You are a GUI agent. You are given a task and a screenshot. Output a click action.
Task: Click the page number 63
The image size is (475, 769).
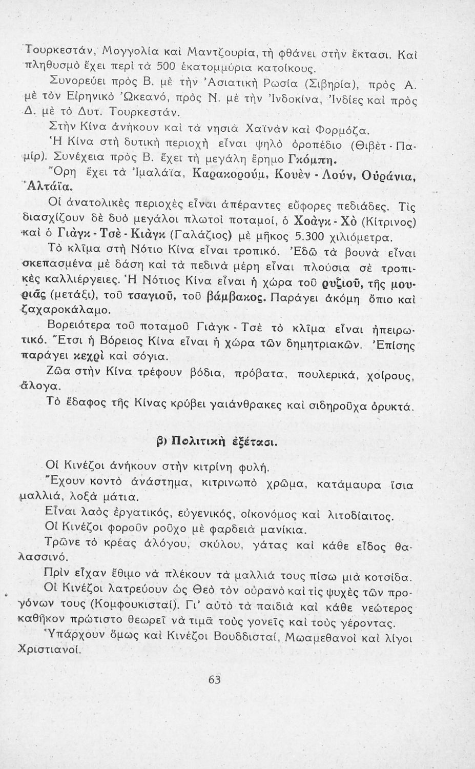(215, 680)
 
